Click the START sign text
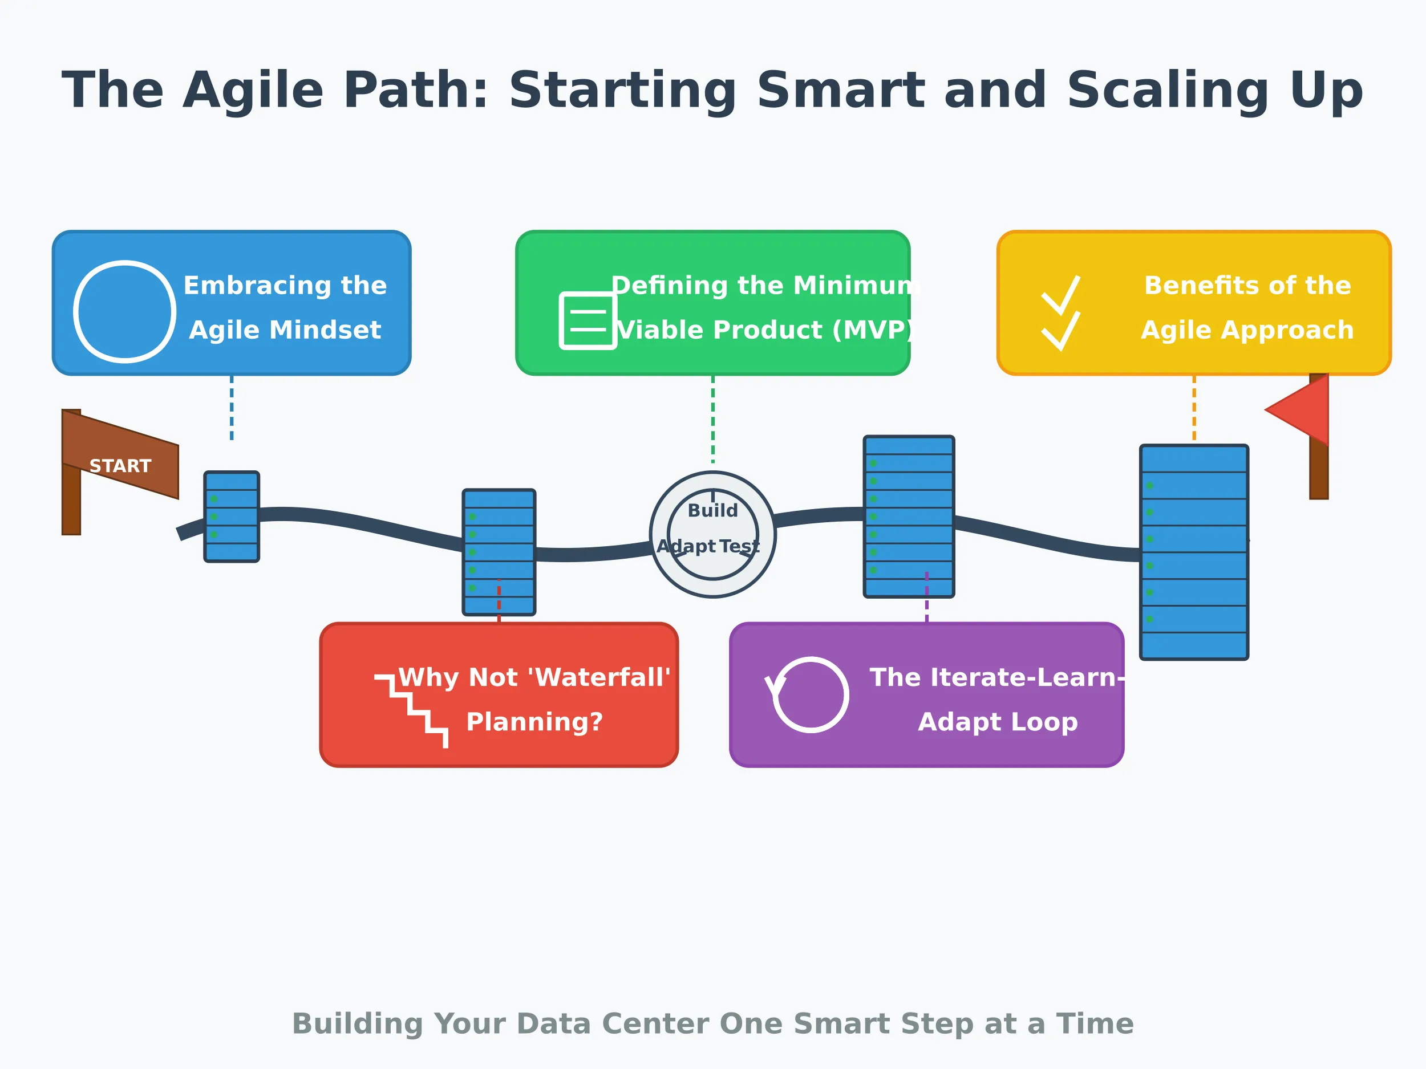tap(120, 466)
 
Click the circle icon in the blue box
tap(124, 311)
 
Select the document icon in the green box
tap(588, 320)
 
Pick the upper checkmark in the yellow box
tap(1060, 295)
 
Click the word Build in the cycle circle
tap(712, 510)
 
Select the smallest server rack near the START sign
tap(232, 517)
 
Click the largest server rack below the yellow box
tap(1194, 552)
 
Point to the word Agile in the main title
tap(253, 91)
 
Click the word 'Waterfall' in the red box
tap(603, 677)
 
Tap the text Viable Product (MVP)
tap(765, 330)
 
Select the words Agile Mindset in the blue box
tap(285, 330)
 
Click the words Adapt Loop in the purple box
tap(997, 722)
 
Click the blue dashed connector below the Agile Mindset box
tap(232, 408)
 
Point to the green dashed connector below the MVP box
tap(712, 419)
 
